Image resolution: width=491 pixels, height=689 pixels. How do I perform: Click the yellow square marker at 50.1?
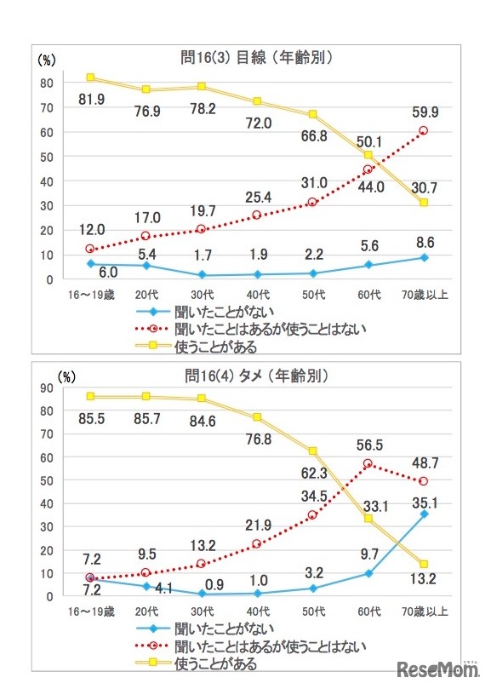[368, 155]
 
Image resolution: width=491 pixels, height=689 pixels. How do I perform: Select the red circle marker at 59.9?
[423, 131]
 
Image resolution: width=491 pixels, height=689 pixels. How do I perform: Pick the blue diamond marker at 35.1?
[423, 514]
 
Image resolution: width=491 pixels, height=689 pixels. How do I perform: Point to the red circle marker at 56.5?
[368, 464]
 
